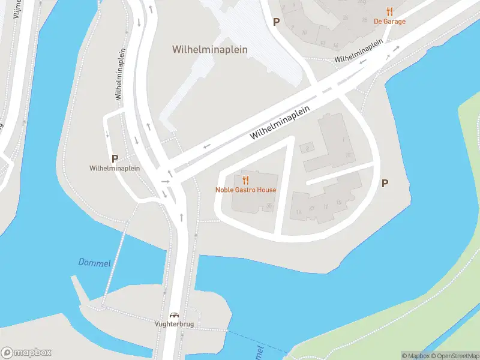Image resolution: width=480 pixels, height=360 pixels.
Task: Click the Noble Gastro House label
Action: point(246,190)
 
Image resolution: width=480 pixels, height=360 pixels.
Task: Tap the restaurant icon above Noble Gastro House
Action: point(245,180)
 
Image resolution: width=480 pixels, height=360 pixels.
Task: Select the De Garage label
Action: point(389,22)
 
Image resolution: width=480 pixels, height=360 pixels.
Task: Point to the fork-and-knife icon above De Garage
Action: point(389,11)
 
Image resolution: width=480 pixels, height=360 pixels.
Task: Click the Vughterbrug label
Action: point(175,325)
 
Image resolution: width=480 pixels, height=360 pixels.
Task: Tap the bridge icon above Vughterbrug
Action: point(175,315)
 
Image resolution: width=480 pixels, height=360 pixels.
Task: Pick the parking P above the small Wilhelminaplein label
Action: point(114,158)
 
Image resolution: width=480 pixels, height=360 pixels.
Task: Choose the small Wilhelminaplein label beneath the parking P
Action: point(114,169)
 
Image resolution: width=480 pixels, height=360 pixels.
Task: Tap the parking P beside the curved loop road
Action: point(385,184)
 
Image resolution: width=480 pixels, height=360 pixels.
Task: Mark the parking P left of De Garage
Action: point(277,22)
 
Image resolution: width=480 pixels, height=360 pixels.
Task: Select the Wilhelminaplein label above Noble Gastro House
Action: point(280,123)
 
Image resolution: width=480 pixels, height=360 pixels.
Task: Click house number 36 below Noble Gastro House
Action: point(269,206)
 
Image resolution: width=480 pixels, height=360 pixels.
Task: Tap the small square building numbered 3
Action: point(308,148)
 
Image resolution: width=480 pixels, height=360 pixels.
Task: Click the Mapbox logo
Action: point(26,352)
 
